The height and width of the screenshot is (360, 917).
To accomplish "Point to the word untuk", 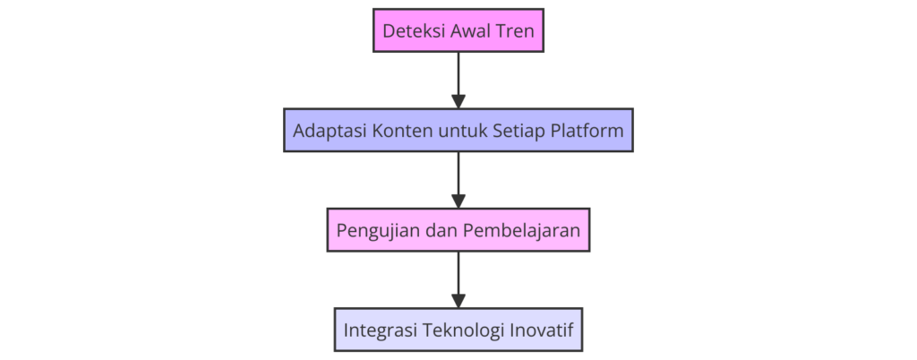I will (x=464, y=131).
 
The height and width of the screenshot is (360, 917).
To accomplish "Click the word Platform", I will (x=588, y=131).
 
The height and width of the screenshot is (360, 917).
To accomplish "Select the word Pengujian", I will (x=375, y=231).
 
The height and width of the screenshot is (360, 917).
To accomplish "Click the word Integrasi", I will (x=381, y=331).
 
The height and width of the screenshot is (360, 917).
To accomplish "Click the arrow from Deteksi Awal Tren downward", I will (x=458, y=80).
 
